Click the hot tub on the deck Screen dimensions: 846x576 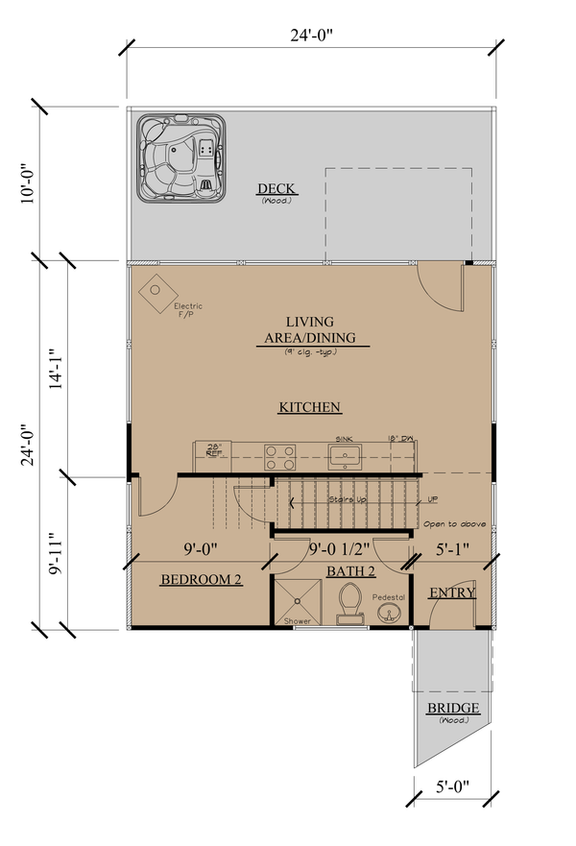(x=180, y=159)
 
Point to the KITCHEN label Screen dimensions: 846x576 (x=310, y=407)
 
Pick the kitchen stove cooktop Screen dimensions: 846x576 (x=278, y=452)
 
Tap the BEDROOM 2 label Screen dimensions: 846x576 (x=201, y=580)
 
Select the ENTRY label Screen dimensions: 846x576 (x=451, y=592)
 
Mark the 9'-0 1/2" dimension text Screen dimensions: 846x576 (x=341, y=551)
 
